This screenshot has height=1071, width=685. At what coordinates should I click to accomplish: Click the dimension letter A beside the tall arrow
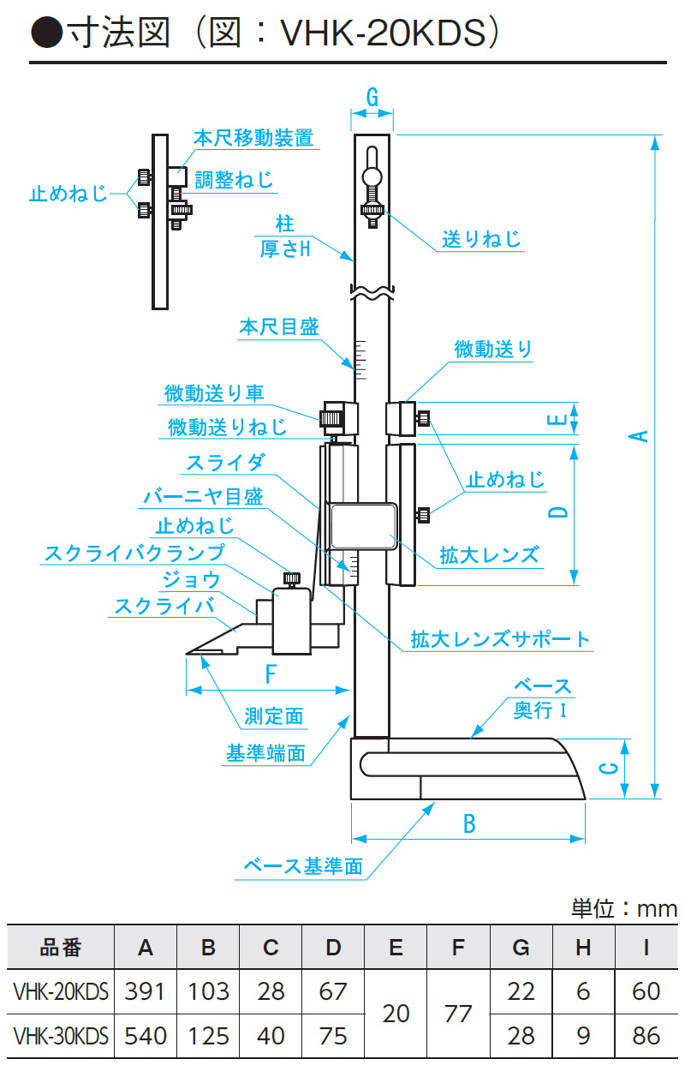point(639,435)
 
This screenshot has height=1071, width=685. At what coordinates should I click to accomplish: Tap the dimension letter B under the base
point(469,823)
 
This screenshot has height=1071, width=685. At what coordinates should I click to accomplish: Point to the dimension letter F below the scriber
point(271,675)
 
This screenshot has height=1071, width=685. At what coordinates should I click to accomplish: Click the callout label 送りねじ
point(481,239)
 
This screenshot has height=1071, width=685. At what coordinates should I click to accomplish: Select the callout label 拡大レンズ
point(490,554)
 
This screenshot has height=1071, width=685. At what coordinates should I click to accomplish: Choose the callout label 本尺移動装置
point(253,138)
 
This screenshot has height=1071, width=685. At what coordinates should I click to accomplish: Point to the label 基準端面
point(265,753)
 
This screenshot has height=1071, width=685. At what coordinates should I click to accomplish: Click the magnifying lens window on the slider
point(362,526)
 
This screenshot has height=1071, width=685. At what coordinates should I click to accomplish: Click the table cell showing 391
point(146,991)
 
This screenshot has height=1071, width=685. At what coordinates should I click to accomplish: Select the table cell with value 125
point(209,1036)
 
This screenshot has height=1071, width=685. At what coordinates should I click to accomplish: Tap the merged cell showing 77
point(459,1014)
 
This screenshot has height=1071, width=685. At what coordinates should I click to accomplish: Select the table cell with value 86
point(646,1036)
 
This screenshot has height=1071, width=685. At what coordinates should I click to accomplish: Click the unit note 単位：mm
point(623,908)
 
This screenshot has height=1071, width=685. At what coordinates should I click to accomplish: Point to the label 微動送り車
point(214,393)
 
